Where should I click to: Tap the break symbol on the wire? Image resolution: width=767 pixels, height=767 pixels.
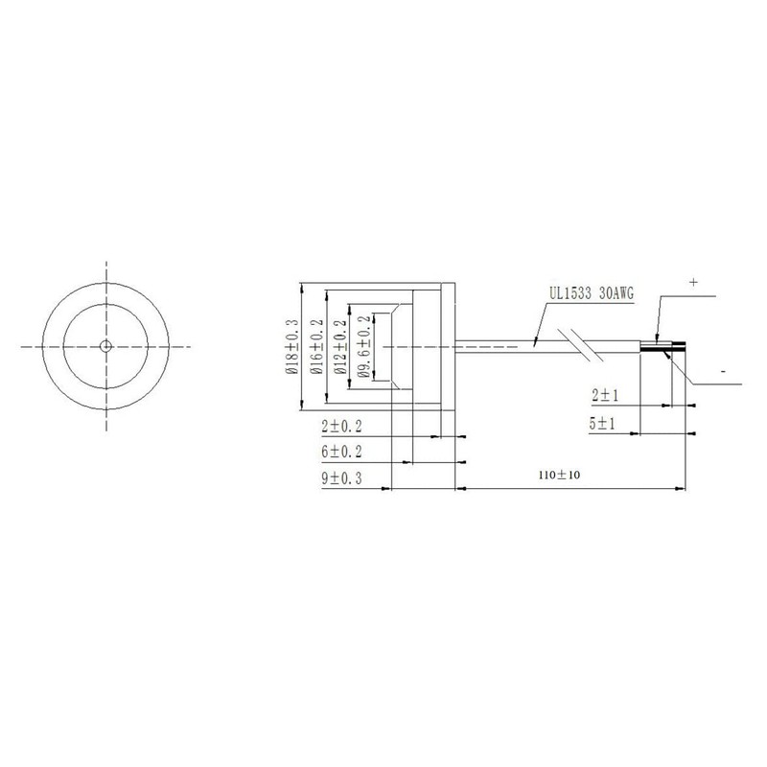click(584, 344)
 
